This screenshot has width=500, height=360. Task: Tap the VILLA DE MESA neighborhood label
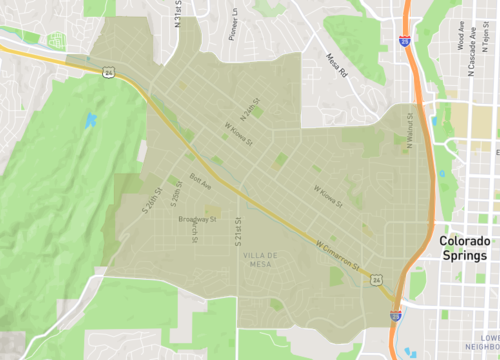pyautogui.click(x=257, y=260)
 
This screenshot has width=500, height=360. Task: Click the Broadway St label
pyautogui.click(x=197, y=218)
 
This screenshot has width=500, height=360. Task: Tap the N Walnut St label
pyautogui.click(x=409, y=134)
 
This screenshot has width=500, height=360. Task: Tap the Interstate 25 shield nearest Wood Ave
pyautogui.click(x=403, y=42)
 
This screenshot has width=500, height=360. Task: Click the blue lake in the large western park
pyautogui.click(x=91, y=121)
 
